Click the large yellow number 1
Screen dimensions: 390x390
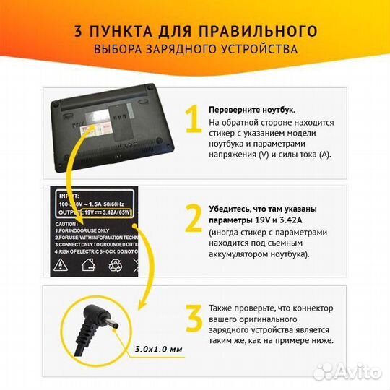tap(191, 121)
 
